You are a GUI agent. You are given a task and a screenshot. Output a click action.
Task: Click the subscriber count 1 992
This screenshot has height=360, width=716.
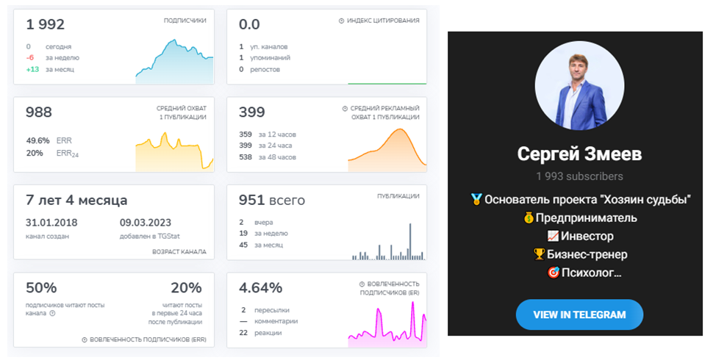(45, 24)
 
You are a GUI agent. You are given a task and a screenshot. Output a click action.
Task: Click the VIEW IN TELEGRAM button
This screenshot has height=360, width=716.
(579, 314)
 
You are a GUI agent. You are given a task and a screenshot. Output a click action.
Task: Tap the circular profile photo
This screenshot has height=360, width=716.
(579, 85)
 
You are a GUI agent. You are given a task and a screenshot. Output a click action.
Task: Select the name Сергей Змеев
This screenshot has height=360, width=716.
(579, 154)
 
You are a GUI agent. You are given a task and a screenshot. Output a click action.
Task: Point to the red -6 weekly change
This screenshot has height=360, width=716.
(30, 58)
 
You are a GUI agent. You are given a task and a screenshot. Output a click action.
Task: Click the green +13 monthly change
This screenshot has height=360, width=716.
(32, 69)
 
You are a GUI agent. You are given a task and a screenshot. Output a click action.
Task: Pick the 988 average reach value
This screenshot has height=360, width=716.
(39, 112)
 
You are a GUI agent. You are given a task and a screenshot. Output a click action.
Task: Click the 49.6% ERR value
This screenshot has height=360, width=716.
(38, 140)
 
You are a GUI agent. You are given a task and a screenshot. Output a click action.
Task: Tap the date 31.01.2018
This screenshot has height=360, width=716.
(51, 223)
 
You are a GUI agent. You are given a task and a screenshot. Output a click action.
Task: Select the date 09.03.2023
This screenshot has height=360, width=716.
(146, 223)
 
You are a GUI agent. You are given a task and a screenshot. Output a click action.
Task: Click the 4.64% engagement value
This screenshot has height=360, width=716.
(260, 288)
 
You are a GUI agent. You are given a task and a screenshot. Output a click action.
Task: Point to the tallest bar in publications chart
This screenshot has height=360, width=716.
(410, 242)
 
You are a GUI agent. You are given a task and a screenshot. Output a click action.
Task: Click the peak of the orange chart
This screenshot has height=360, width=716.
(401, 129)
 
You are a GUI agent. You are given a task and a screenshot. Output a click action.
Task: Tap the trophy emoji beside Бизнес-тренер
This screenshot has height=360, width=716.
(540, 254)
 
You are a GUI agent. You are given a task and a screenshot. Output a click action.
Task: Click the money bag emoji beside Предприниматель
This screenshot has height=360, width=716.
(529, 217)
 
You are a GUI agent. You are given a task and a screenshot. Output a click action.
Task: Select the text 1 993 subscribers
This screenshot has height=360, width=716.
(579, 176)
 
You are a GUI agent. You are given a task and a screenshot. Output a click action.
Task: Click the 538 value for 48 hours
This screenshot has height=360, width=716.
(246, 157)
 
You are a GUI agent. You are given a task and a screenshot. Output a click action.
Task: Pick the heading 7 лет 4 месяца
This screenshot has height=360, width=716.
(76, 201)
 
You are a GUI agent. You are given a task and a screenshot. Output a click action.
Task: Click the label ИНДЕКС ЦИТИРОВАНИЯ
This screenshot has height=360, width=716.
(383, 21)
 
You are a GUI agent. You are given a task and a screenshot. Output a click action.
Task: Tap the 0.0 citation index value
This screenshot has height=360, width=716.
(249, 24)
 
